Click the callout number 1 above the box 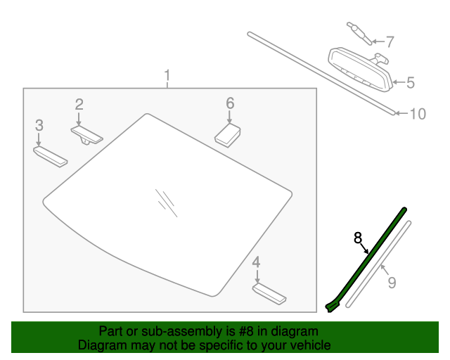tap(167, 75)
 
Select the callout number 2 tap(79, 104)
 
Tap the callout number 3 tap(39, 125)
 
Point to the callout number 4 tap(256, 262)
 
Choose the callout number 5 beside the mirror tap(411, 83)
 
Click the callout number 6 tap(230, 103)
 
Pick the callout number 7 tap(390, 42)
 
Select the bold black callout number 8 tap(358, 238)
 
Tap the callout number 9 tap(392, 283)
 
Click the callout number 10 tap(418, 114)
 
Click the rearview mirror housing tap(361, 70)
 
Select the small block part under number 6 tap(228, 135)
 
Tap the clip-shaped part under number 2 tap(86, 136)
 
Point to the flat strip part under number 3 tap(51, 157)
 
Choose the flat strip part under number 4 tap(269, 294)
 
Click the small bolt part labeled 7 tap(359, 33)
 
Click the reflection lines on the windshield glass tap(167, 202)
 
